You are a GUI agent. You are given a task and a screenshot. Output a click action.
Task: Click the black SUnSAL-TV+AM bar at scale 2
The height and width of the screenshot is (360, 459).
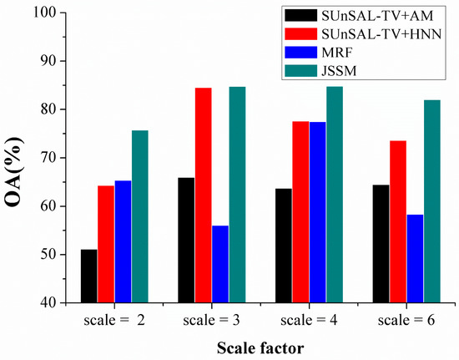click(x=88, y=276)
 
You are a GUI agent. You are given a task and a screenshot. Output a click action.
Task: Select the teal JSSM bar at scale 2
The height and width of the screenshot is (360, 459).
click(x=139, y=216)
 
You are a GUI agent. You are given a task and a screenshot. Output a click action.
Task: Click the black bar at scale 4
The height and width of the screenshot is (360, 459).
click(x=283, y=246)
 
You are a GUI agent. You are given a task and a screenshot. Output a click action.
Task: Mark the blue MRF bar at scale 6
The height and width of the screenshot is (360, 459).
click(x=415, y=258)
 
